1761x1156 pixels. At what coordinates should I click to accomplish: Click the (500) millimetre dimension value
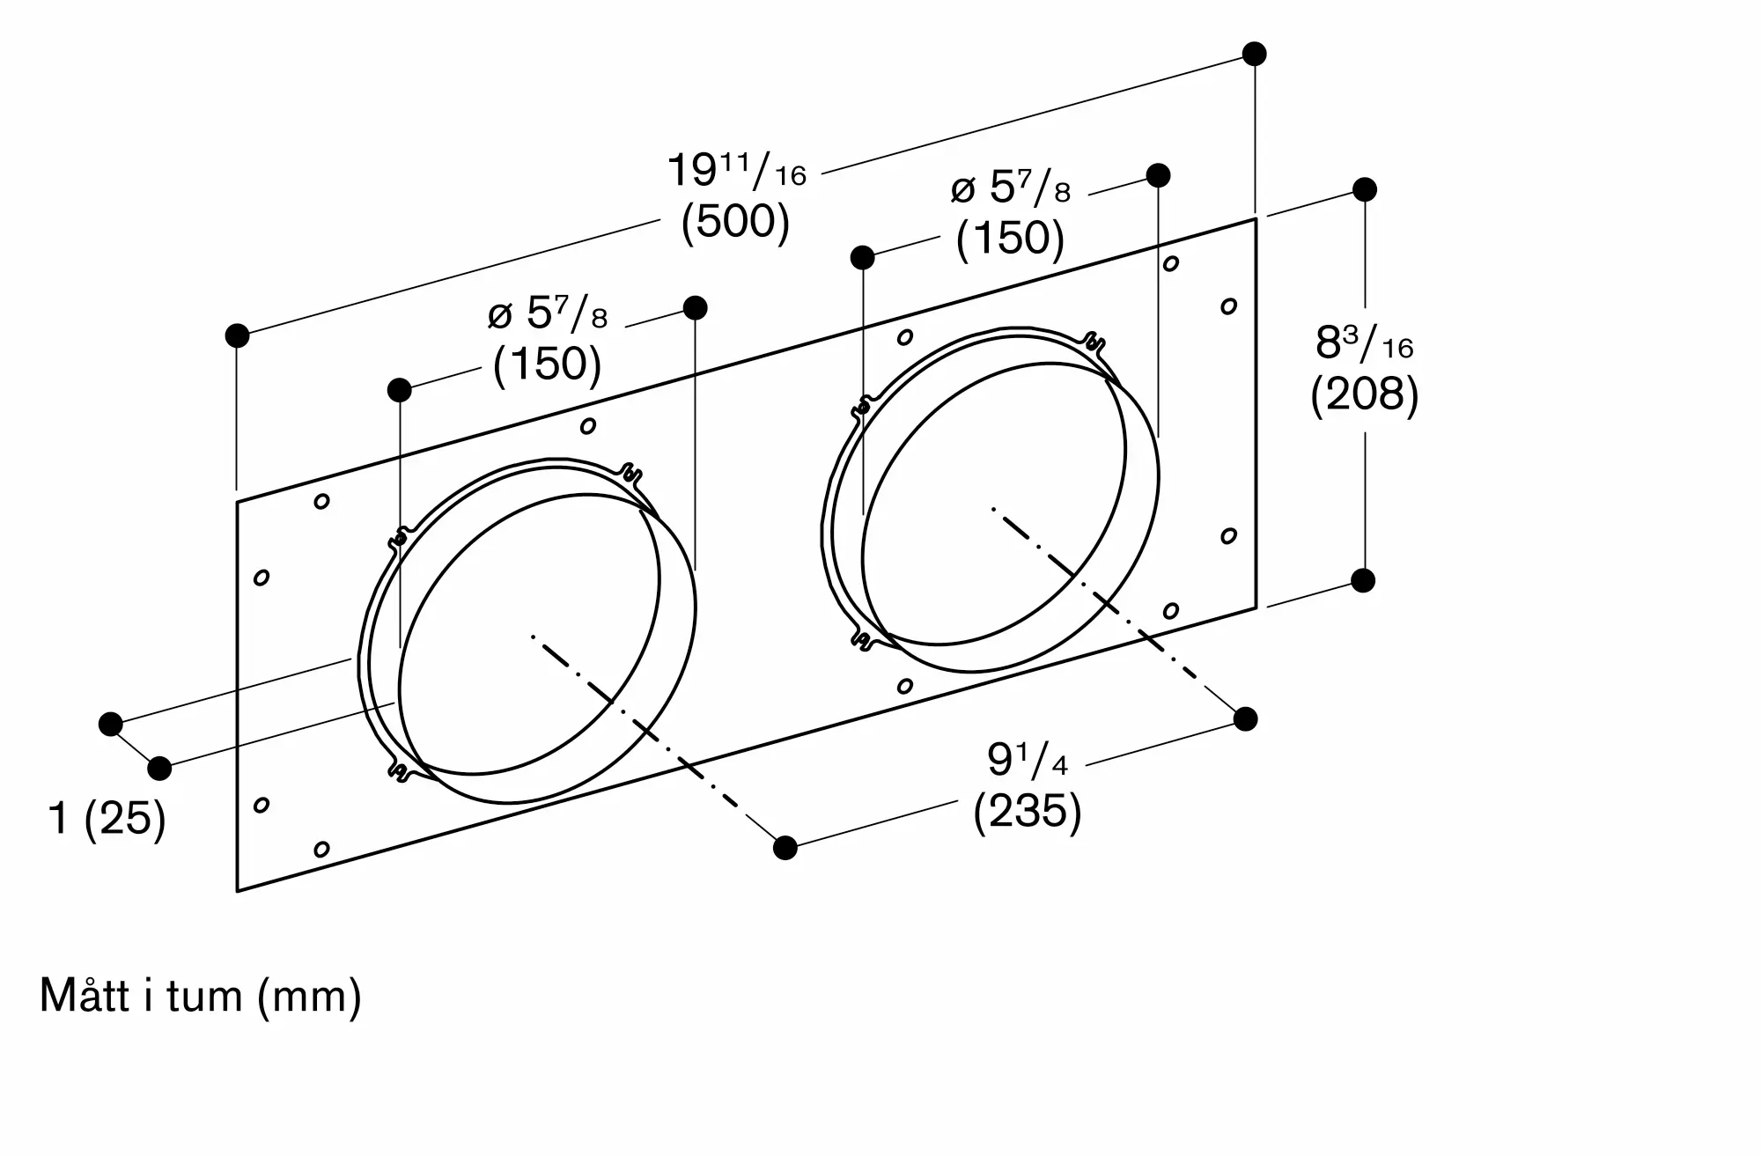735,221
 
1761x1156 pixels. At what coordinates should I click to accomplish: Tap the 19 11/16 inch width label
736,170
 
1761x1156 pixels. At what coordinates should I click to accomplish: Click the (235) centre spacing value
1027,810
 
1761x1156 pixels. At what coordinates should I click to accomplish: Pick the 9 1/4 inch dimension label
1027,760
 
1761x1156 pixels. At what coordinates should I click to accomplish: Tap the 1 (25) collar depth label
107,818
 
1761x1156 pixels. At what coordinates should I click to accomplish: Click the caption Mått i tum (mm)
201,997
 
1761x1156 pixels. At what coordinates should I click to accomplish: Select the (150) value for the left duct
547,364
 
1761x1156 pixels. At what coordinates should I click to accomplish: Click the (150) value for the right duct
1010,238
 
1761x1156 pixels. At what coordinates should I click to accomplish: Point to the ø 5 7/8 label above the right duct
1011,188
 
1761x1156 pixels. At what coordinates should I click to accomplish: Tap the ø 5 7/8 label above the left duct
548,313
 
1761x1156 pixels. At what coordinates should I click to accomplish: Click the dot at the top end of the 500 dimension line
1255,54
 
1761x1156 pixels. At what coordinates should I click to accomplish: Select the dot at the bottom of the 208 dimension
1363,580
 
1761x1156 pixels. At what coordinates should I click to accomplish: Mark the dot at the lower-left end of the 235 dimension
785,848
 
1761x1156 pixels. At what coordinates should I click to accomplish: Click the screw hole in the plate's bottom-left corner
322,849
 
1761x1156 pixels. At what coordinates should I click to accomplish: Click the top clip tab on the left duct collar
630,474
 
